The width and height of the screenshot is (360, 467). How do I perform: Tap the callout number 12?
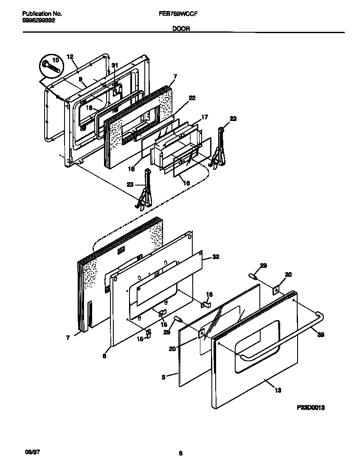coord(70,56)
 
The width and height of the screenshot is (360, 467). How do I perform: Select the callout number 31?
coord(114,65)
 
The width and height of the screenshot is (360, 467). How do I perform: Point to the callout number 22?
coord(192,98)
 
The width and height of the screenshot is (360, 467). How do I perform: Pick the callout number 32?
coord(216,257)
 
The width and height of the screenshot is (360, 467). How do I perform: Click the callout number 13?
coord(278,390)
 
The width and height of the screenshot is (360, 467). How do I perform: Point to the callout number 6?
coord(104,356)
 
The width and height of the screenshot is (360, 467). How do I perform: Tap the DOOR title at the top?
coord(181,29)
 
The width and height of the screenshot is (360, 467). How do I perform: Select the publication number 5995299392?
coord(38,20)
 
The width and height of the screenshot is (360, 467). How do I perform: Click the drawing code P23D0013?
coord(311,408)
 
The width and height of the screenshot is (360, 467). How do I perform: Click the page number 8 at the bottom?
coord(180,454)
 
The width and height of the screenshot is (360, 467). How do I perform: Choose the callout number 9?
coord(80,79)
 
